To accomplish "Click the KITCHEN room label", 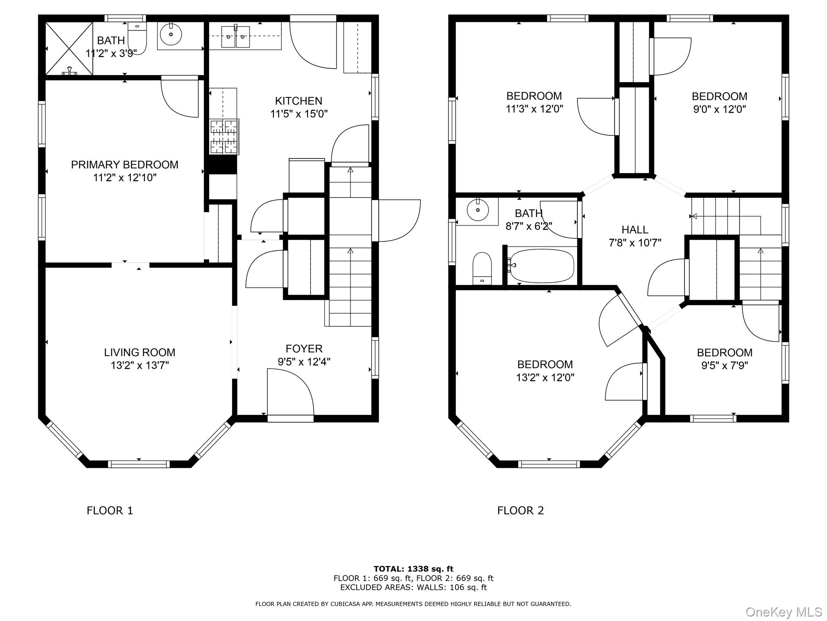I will (298, 101).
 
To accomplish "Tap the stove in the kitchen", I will (224, 137).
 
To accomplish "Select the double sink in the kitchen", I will (236, 36).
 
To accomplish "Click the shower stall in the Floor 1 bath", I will (69, 49).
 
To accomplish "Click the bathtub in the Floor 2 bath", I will (541, 265).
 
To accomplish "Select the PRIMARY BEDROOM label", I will (124, 165).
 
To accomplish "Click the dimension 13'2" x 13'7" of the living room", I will (140, 365).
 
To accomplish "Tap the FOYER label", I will (304, 349).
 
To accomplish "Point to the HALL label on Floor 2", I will (635, 230).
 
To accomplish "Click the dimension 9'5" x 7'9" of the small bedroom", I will (724, 365).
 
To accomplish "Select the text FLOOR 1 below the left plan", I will (110, 511).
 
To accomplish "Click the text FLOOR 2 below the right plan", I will (521, 511).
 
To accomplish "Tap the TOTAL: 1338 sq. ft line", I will (413, 569).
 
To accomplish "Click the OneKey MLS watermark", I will (783, 612).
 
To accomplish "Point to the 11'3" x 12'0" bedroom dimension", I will (534, 109).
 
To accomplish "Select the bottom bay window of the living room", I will (139, 464).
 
